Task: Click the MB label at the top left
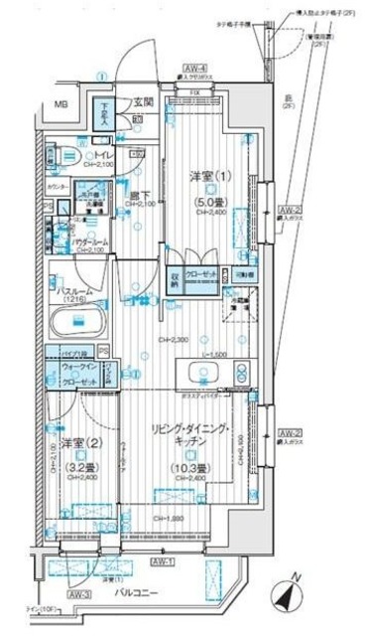point(61,102)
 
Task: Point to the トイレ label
point(102,156)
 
